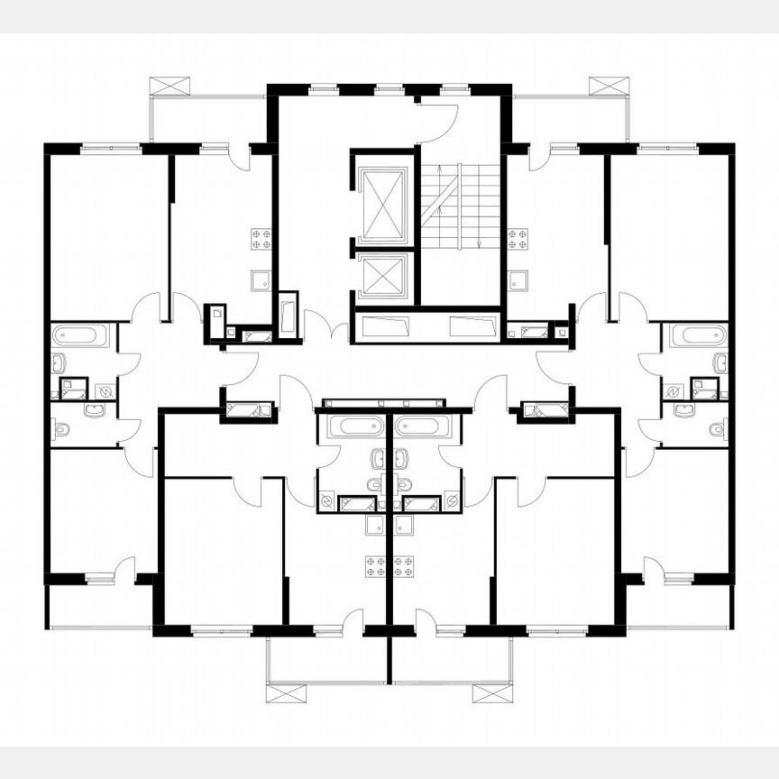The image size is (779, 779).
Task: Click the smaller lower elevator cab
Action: tap(383, 276)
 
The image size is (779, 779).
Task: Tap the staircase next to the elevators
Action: tap(460, 206)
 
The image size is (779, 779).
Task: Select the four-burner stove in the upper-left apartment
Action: tap(262, 239)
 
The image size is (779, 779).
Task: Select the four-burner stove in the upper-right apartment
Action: tap(518, 239)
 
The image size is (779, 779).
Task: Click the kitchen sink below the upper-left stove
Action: tap(261, 280)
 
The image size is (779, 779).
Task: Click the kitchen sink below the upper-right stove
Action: tap(518, 280)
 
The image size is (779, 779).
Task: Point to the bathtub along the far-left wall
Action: tap(79, 335)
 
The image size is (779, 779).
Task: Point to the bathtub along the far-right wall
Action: tap(699, 335)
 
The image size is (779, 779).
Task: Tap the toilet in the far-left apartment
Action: tap(61, 429)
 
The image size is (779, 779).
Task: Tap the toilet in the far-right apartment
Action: tap(718, 429)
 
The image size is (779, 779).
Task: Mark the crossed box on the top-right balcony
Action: tap(609, 86)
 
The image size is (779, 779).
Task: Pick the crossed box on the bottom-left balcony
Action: tap(286, 692)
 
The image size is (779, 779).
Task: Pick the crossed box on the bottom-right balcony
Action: tap(492, 692)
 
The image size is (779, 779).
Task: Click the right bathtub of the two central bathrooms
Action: tap(423, 426)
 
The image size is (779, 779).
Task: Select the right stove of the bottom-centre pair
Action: tap(403, 566)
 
